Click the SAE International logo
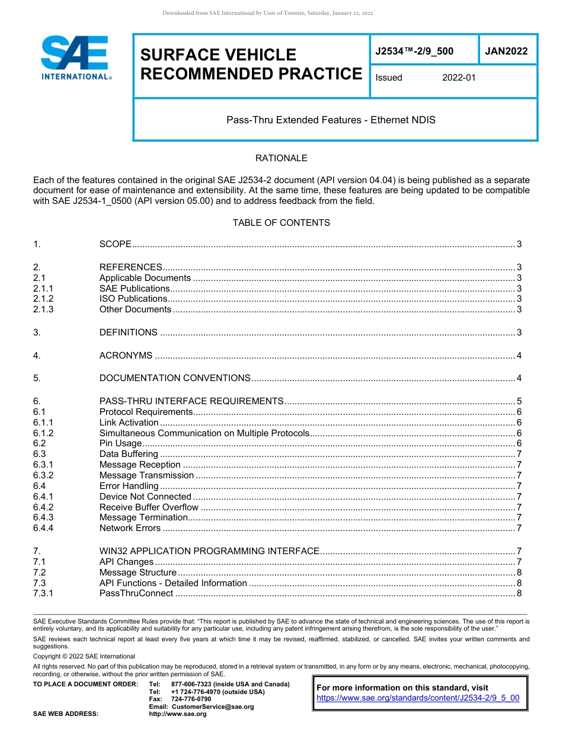click(x=75, y=57)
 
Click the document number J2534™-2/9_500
click(x=414, y=52)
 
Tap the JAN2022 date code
click(x=506, y=52)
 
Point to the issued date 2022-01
click(x=459, y=78)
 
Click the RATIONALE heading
click(x=281, y=158)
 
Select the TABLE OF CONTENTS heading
click(x=281, y=223)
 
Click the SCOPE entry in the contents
click(x=115, y=244)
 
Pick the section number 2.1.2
click(x=43, y=299)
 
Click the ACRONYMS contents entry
click(x=126, y=356)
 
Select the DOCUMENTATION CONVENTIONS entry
click(x=175, y=378)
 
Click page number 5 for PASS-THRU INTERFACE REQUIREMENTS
click(x=519, y=401)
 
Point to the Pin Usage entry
click(x=120, y=443)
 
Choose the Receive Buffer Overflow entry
click(x=149, y=507)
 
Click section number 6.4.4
click(x=43, y=528)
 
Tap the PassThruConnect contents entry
click(x=136, y=593)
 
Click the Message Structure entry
click(x=137, y=573)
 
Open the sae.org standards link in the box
click(x=418, y=698)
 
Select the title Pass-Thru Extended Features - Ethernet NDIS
click(x=331, y=120)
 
